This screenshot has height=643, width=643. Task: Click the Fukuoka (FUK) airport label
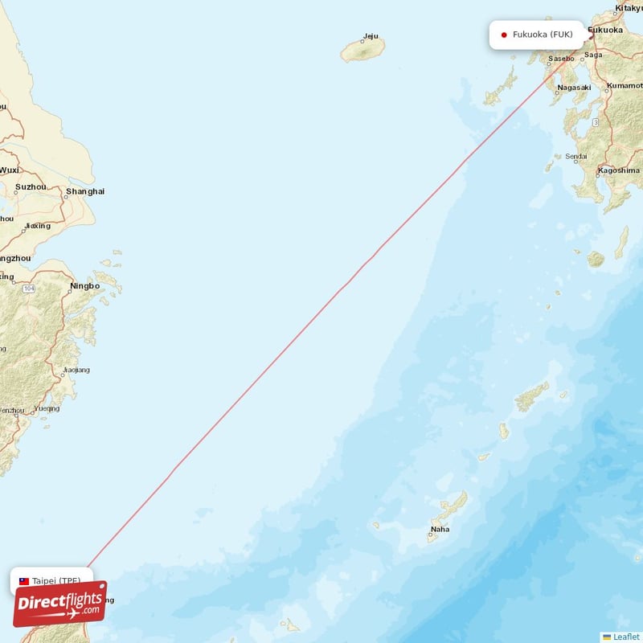[x=543, y=35]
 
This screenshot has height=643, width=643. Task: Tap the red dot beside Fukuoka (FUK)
[x=503, y=35]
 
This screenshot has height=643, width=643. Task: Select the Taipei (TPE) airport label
[x=56, y=580]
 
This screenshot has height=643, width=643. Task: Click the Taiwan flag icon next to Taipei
[x=24, y=580]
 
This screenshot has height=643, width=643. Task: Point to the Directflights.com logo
[x=59, y=604]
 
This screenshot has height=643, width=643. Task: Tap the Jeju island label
[x=370, y=36]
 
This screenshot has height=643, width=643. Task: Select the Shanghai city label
[x=85, y=191]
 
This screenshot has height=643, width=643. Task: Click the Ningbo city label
[x=84, y=285]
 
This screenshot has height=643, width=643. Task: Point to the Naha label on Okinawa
[x=440, y=529]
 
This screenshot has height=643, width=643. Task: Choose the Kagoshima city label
[x=618, y=170]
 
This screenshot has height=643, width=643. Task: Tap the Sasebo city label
[x=561, y=59]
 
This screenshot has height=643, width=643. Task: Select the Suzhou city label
[x=31, y=186]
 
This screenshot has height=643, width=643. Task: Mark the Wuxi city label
[x=10, y=170]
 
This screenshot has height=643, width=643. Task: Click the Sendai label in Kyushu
[x=575, y=157]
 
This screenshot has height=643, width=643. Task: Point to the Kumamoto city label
[x=626, y=84]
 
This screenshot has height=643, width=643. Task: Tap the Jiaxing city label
[x=37, y=226]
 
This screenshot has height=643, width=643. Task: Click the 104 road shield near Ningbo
[x=29, y=288]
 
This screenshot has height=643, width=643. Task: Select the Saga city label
[x=593, y=55]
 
